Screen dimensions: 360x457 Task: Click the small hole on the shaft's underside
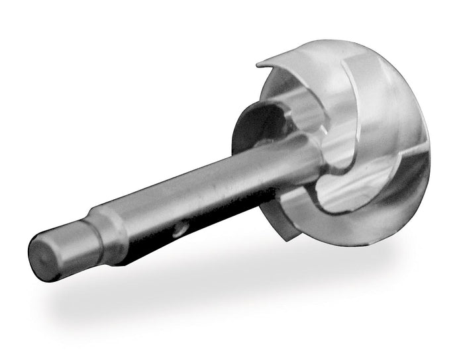click(178, 231)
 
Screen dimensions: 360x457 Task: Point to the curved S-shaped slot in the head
click(331, 192)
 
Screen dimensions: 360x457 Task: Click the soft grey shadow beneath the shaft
click(199, 291)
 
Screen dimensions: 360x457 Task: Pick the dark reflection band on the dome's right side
click(414, 165)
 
